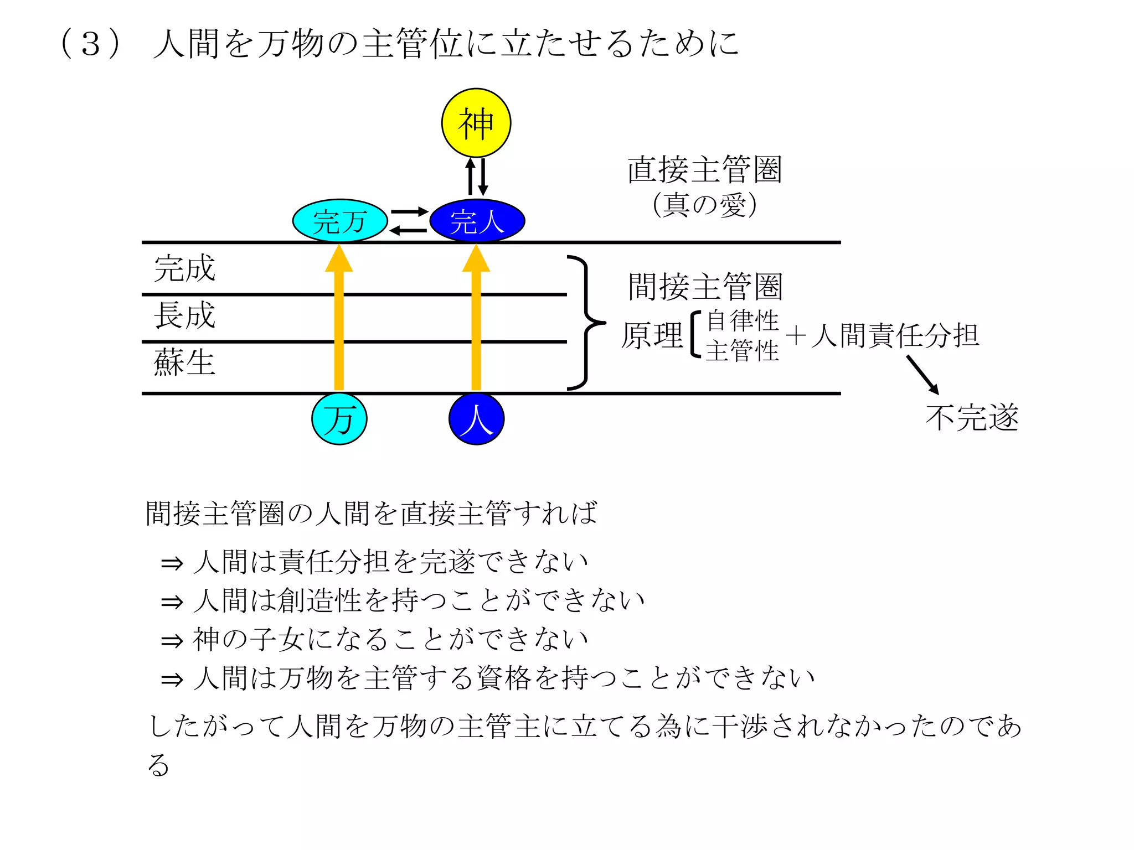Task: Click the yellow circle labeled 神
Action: [476, 123]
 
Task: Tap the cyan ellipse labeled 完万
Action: [339, 221]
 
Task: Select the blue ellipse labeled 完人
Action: [477, 221]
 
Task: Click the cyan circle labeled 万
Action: [339, 419]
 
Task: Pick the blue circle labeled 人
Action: [476, 419]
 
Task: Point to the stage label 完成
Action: [184, 268]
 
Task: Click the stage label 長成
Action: [184, 315]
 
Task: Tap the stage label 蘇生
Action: [184, 362]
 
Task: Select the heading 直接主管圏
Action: [704, 169]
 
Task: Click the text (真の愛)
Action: [704, 205]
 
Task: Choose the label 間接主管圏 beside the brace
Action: [705, 287]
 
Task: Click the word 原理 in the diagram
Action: [652, 335]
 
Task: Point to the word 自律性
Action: [743, 320]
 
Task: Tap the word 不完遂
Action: [972, 418]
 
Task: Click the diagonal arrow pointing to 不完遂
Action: [922, 375]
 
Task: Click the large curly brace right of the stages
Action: [586, 323]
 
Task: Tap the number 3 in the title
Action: [91, 44]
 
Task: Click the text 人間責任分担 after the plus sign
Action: [895, 335]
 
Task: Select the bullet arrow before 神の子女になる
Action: [172, 641]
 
